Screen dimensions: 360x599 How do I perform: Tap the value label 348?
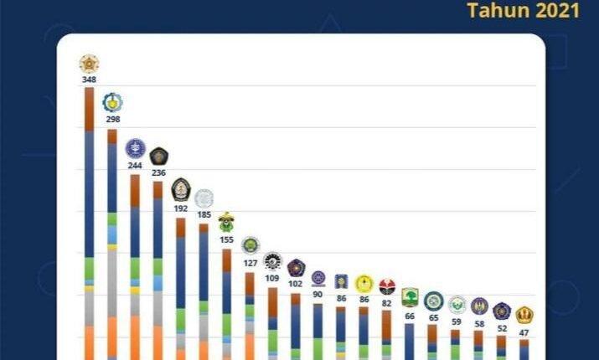[x=89, y=80]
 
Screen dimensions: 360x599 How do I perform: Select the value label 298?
[x=112, y=120]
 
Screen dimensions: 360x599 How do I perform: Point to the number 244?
[x=135, y=165]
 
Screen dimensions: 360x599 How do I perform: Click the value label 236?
[x=158, y=172]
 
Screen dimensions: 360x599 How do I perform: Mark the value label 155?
[x=226, y=239]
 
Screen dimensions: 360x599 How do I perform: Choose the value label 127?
[x=250, y=262]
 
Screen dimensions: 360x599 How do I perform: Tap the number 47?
[x=524, y=332]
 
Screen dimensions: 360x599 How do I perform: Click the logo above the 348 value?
[x=89, y=63]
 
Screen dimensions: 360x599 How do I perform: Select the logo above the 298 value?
[x=112, y=102]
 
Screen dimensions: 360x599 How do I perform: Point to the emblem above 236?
[x=158, y=156]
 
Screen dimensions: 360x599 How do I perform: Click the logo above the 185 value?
[x=204, y=198]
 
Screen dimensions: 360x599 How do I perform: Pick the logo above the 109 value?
[x=272, y=261]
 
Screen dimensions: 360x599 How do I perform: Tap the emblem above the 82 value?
[x=387, y=286]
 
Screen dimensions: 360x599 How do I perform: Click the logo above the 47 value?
[x=524, y=316]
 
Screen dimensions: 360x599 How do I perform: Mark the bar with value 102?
[x=296, y=327]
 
